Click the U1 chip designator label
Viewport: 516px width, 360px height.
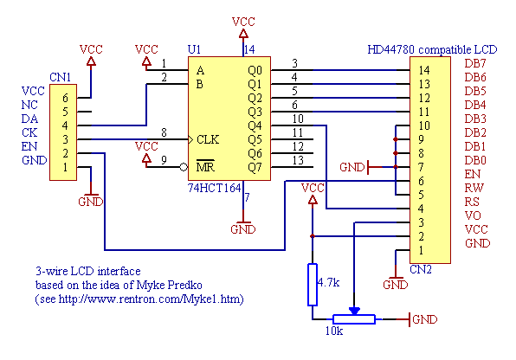pyautogui.click(x=194, y=49)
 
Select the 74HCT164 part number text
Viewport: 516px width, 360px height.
pyautogui.click(x=214, y=188)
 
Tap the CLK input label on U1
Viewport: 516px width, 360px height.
pyautogui.click(x=208, y=139)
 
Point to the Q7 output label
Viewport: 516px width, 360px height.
pyautogui.click(x=255, y=168)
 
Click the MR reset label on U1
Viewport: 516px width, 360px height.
pyautogui.click(x=205, y=167)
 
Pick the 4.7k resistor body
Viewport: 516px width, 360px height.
pyautogui.click(x=313, y=285)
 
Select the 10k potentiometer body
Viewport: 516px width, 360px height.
pyautogui.click(x=354, y=319)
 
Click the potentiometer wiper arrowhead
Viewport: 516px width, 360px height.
pyautogui.click(x=354, y=311)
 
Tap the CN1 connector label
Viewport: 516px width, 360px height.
pyautogui.click(x=61, y=77)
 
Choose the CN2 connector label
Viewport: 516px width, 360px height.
pyautogui.click(x=421, y=269)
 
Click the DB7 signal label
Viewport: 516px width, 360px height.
pyautogui.click(x=475, y=63)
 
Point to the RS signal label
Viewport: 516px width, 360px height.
pyautogui.click(x=472, y=202)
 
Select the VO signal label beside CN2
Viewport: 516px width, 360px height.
pyautogui.click(x=473, y=215)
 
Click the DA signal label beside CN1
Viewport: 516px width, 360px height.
pyautogui.click(x=29, y=119)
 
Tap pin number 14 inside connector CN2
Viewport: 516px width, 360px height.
pyautogui.click(x=424, y=70)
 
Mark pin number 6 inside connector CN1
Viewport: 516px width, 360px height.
pyautogui.click(x=65, y=98)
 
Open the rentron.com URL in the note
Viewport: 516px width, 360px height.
pyautogui.click(x=150, y=299)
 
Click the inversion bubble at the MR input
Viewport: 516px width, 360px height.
pyautogui.click(x=184, y=167)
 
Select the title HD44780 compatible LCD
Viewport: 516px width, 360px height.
pyautogui.click(x=432, y=49)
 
